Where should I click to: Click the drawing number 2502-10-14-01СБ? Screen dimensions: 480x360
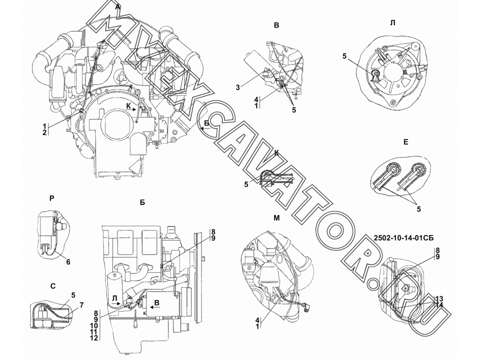pyautogui.click(x=404, y=238)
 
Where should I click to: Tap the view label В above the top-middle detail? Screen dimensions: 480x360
pyautogui.click(x=276, y=25)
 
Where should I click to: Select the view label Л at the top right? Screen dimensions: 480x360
pyautogui.click(x=393, y=23)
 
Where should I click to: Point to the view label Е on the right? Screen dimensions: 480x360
pyautogui.click(x=406, y=142)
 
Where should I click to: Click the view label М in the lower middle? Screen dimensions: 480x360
pyautogui.click(x=276, y=218)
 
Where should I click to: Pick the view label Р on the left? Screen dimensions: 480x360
pyautogui.click(x=51, y=198)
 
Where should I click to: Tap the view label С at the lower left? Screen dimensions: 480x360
pyautogui.click(x=53, y=286)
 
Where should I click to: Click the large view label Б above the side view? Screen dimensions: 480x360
pyautogui.click(x=142, y=202)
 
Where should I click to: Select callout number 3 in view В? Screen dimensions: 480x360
pyautogui.click(x=237, y=87)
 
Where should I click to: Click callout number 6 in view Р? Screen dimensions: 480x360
pyautogui.click(x=68, y=261)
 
